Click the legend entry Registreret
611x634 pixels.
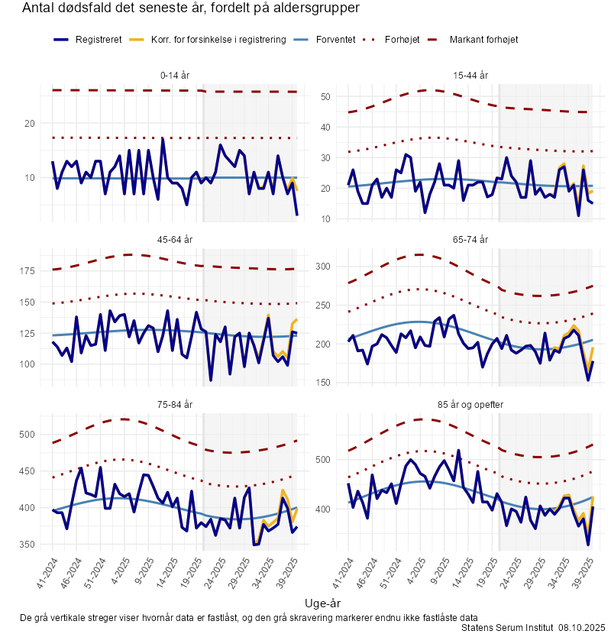pyautogui.click(x=99, y=39)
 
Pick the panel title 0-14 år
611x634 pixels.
pyautogui.click(x=175, y=76)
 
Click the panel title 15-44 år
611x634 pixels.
pyautogui.click(x=470, y=76)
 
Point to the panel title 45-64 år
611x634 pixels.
pyautogui.click(x=175, y=240)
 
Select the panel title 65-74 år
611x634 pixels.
pyautogui.click(x=470, y=240)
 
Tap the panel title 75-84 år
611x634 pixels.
pyautogui.click(x=175, y=404)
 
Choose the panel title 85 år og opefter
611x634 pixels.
pyautogui.click(x=470, y=404)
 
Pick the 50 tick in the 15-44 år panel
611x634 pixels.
pyautogui.click(x=325, y=97)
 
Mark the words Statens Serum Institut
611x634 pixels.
pyautogui.click(x=507, y=627)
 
